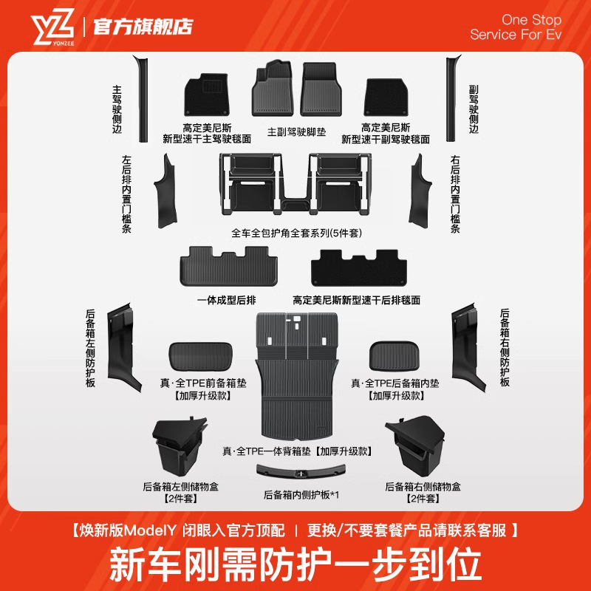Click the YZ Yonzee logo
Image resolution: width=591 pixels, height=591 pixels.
(x=52, y=27)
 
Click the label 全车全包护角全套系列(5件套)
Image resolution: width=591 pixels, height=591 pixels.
(x=295, y=233)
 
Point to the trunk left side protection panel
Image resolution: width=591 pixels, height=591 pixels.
(x=123, y=344)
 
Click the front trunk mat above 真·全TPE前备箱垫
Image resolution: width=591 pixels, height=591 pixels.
(x=200, y=355)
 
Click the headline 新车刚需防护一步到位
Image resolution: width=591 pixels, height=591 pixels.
(x=295, y=563)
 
